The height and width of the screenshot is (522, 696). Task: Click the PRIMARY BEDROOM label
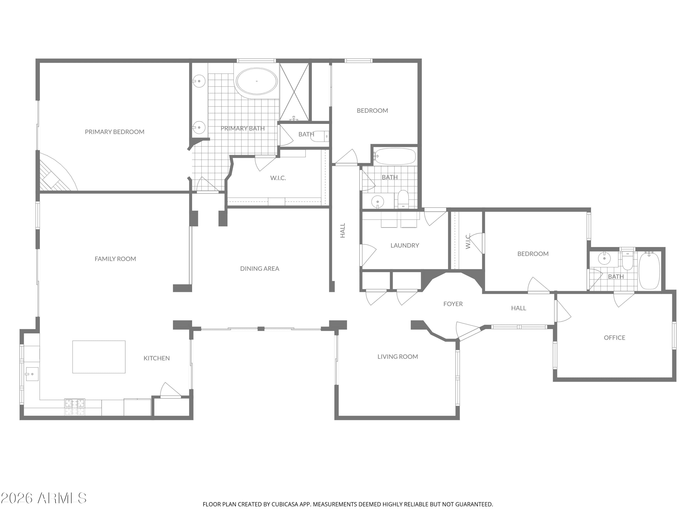[115, 132]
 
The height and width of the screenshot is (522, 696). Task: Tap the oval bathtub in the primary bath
[257, 81]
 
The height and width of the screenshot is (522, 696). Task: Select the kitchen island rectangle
[99, 357]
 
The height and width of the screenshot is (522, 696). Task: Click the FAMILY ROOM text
[115, 259]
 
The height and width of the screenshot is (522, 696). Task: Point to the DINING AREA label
[260, 268]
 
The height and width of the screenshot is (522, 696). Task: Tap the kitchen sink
[32, 374]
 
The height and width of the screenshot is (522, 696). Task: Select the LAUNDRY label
[405, 245]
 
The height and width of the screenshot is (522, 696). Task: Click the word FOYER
[453, 304]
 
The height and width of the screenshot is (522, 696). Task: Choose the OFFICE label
[614, 338]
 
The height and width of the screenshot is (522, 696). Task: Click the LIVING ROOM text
[398, 357]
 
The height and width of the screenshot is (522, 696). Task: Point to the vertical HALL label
[343, 230]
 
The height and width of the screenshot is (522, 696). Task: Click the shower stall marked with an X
[294, 92]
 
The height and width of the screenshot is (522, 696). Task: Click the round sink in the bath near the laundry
[377, 201]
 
